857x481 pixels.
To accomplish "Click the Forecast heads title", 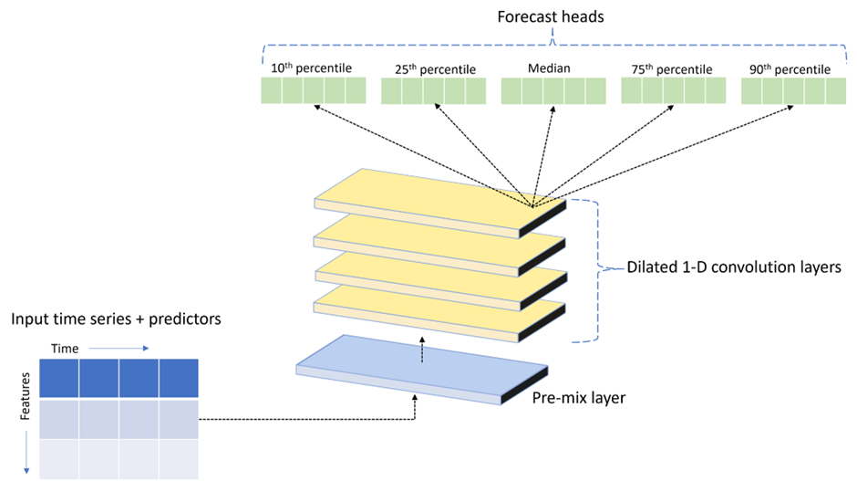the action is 551,17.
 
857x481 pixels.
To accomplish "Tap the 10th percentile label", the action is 311,68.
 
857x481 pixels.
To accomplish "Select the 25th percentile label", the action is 435,69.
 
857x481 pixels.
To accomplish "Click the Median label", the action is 549,68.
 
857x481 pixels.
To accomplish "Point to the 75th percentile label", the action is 672,69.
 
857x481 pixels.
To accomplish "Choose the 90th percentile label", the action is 790,69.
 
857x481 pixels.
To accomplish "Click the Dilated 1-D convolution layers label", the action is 734,267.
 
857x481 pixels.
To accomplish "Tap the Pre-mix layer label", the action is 579,397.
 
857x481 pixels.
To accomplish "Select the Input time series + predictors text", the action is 116,319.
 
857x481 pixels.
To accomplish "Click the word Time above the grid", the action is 65,349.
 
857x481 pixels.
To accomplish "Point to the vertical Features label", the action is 25,396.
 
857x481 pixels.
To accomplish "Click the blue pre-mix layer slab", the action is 422,370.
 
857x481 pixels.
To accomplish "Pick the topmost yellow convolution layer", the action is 440,203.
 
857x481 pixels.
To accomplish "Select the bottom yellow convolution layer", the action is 439,313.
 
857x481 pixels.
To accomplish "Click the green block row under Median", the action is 553,91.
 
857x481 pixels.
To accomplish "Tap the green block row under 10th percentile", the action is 314,90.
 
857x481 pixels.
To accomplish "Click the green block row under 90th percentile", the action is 793,91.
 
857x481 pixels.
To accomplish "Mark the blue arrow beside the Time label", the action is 119,349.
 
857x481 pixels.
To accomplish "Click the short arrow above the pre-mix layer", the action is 422,350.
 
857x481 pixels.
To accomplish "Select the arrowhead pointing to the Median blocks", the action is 552,110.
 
